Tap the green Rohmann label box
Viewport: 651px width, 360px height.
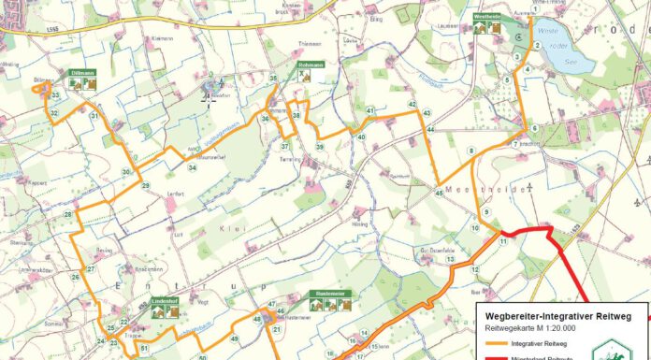pos(310,65)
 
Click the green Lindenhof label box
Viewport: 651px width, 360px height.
pos(166,302)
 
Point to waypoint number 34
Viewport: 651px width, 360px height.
pos(192,167)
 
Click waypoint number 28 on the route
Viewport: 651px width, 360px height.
pos(67,215)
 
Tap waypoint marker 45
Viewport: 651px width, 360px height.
pos(439,193)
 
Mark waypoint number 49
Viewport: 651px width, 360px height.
pos(234,338)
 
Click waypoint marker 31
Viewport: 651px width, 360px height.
pos(94,116)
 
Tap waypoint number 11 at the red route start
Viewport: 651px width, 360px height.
pos(503,241)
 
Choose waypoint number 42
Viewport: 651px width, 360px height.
pos(412,105)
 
